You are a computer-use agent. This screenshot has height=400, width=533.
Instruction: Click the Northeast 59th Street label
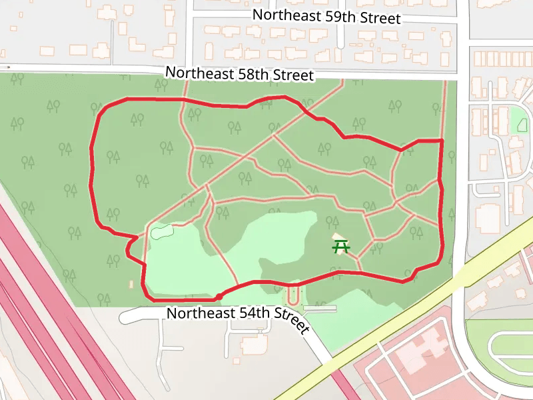(x=327, y=17)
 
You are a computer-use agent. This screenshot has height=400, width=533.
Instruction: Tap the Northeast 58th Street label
(x=239, y=73)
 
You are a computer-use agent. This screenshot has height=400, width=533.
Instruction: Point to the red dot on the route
(x=219, y=296)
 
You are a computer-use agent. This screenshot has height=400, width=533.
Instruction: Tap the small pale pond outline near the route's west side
(x=161, y=233)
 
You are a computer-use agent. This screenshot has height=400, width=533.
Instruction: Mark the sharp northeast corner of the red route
(x=442, y=141)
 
